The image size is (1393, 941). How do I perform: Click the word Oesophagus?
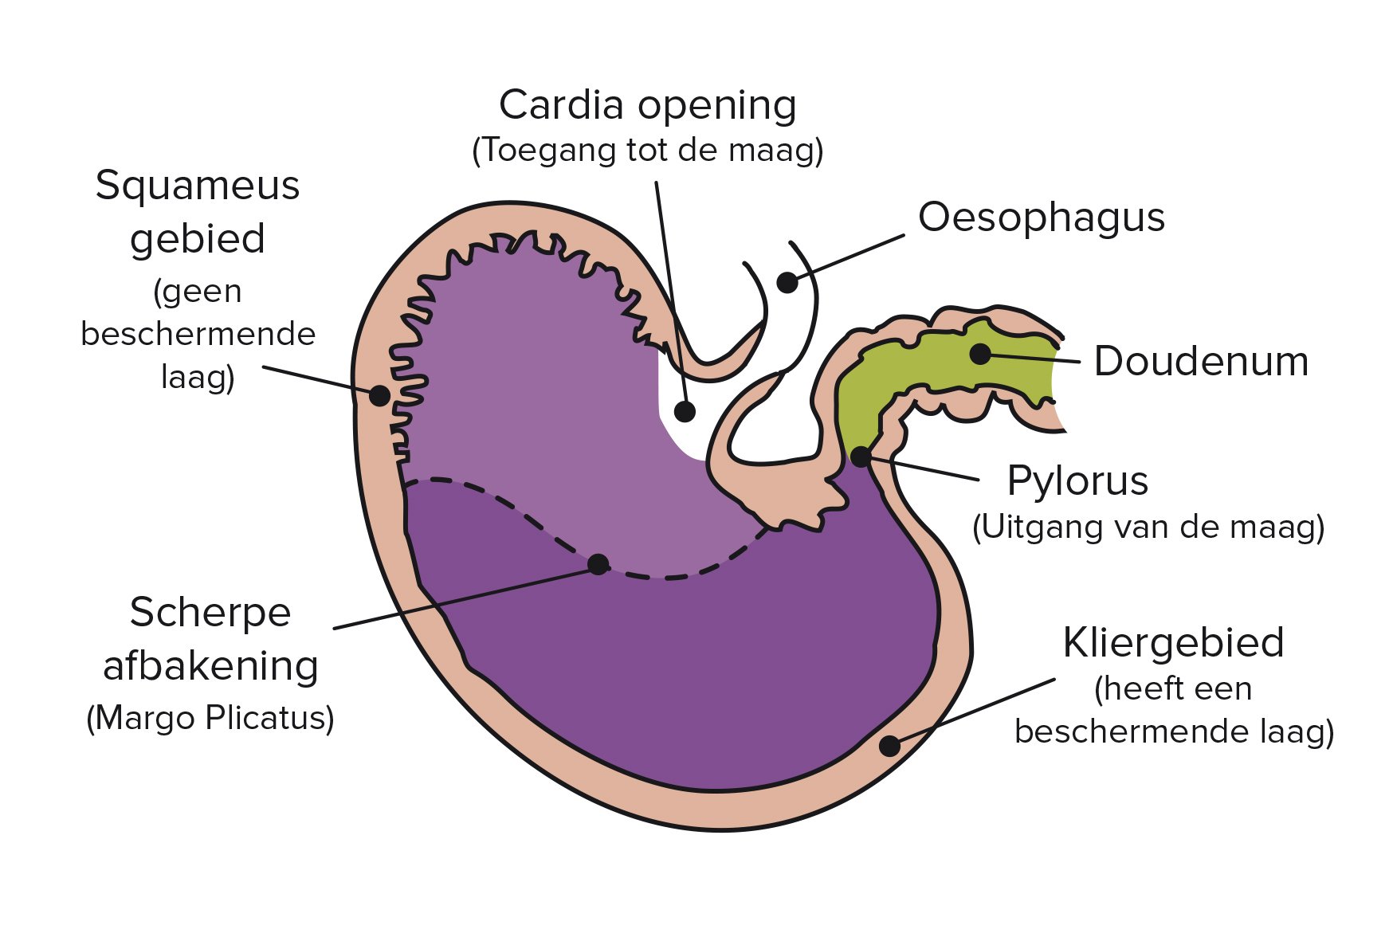(x=1041, y=217)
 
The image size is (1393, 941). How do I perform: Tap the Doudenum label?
(x=1200, y=361)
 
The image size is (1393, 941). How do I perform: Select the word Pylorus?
(x=1077, y=480)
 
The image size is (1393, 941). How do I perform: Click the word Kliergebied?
(x=1173, y=642)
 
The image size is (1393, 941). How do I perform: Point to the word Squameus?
(x=198, y=186)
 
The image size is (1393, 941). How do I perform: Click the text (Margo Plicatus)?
(x=210, y=718)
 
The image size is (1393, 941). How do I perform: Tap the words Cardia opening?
(x=647, y=104)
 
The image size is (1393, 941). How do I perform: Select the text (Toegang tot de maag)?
(x=647, y=150)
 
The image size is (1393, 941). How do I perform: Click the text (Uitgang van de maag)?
(x=1148, y=527)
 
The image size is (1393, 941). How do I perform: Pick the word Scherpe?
(x=210, y=612)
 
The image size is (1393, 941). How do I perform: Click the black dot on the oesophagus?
(x=787, y=282)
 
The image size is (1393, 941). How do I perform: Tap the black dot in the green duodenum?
(x=980, y=354)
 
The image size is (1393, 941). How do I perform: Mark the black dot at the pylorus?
(x=861, y=457)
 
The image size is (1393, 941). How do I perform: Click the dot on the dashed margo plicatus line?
(x=598, y=564)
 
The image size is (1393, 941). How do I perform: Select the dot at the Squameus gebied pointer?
(x=380, y=395)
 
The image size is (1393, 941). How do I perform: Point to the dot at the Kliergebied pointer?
(x=889, y=746)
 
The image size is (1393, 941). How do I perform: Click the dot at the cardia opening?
(x=685, y=411)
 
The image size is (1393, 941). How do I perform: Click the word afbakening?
(x=210, y=665)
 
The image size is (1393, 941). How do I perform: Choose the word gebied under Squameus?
(x=198, y=238)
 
